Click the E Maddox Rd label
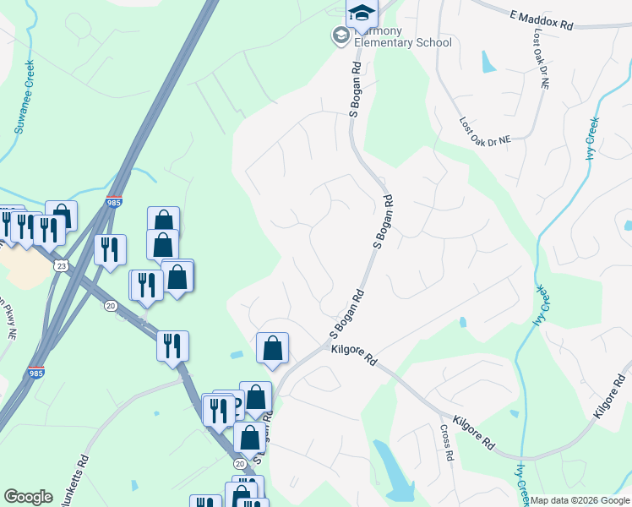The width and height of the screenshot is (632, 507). tap(542, 20)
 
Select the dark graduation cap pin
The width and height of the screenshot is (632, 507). tap(362, 14)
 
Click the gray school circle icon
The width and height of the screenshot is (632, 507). tap(341, 35)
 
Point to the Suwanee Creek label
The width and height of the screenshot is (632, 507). tap(25, 96)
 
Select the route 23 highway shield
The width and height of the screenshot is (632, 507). tap(59, 264)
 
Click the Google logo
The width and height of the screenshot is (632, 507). tap(28, 497)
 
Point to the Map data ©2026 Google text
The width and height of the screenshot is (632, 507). tap(579, 500)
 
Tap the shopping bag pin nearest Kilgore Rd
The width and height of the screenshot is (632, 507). tap(272, 348)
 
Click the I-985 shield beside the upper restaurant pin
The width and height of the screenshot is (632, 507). tap(113, 203)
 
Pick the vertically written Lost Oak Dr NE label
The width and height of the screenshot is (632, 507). tap(541, 60)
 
